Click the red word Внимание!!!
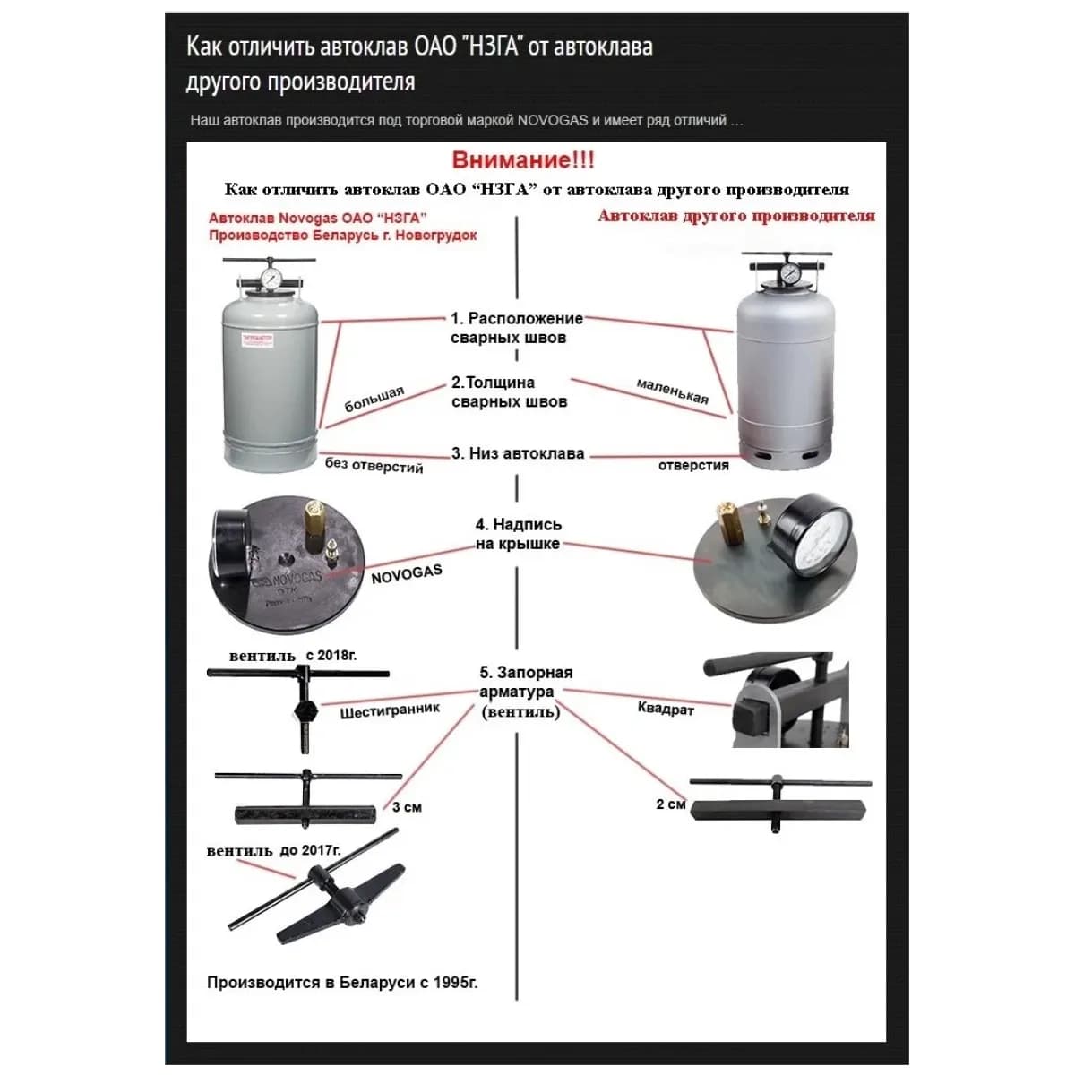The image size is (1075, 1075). point(523,160)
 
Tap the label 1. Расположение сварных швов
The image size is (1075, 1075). point(515,328)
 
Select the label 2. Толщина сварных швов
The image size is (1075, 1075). point(509,392)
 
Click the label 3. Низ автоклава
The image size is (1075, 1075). point(518,453)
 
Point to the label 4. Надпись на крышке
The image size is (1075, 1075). point(518,534)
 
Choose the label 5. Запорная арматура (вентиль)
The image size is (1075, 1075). point(525,692)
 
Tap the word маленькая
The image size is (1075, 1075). point(673,391)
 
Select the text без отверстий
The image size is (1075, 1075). point(374,465)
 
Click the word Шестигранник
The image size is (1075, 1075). point(390,710)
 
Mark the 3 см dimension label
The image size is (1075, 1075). point(407,807)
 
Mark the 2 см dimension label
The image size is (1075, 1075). point(671,804)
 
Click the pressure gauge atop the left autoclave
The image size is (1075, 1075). point(270,278)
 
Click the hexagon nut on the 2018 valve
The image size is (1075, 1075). point(305,711)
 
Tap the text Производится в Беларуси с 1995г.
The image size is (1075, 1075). point(342,983)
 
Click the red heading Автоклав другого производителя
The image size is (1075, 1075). point(736,216)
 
